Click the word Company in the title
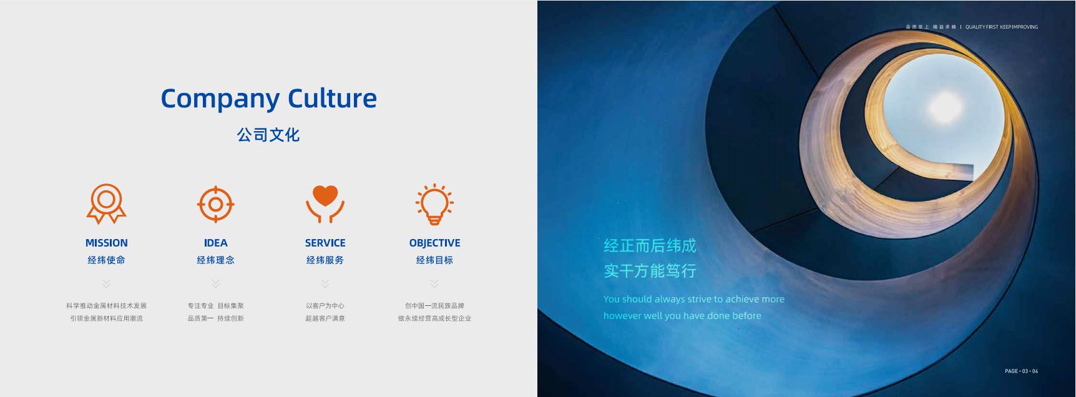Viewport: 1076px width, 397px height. (x=220, y=99)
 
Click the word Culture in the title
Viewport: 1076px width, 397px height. (x=332, y=98)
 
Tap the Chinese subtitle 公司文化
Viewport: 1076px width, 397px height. (x=268, y=135)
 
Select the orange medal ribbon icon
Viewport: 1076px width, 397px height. (x=106, y=204)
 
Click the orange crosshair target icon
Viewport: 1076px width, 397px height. (x=215, y=204)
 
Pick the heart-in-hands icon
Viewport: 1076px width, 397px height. (x=325, y=204)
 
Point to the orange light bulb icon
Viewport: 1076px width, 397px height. (x=434, y=204)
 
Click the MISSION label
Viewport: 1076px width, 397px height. (x=106, y=243)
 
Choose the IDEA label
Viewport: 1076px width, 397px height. (x=215, y=243)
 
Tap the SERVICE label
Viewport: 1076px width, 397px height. (x=325, y=243)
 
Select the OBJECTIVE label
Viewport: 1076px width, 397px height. (x=434, y=243)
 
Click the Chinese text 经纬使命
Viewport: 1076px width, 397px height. (x=106, y=260)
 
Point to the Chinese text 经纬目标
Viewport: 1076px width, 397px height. (x=434, y=260)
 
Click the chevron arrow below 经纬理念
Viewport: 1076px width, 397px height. (x=215, y=283)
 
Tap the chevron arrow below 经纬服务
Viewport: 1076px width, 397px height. (x=325, y=283)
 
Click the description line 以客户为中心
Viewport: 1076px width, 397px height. (x=325, y=306)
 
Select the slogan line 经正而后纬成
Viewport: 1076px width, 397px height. (x=650, y=245)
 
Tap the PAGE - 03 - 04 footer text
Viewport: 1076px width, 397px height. (x=1022, y=371)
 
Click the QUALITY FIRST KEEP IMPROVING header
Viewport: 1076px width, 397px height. (x=1002, y=27)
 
